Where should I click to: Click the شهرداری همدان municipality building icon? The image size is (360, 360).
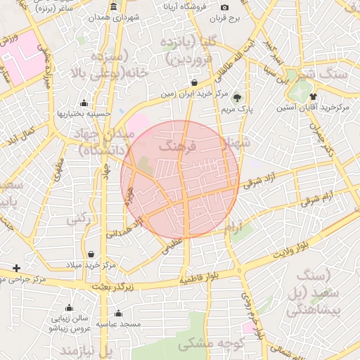click(113, 6)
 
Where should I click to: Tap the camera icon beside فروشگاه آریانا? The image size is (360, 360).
click(224, 7)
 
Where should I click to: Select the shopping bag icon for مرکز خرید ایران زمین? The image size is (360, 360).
click(193, 83)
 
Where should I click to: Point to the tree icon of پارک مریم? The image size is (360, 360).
click(237, 98)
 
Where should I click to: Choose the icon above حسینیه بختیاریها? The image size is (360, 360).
click(84, 103)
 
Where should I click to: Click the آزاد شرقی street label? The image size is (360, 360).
click(262, 181)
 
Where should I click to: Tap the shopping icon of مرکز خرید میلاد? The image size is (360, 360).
click(91, 254)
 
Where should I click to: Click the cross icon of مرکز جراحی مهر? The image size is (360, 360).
click(16, 269)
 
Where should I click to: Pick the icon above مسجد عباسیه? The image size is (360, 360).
click(118, 313)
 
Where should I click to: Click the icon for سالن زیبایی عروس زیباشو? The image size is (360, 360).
click(69, 307)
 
